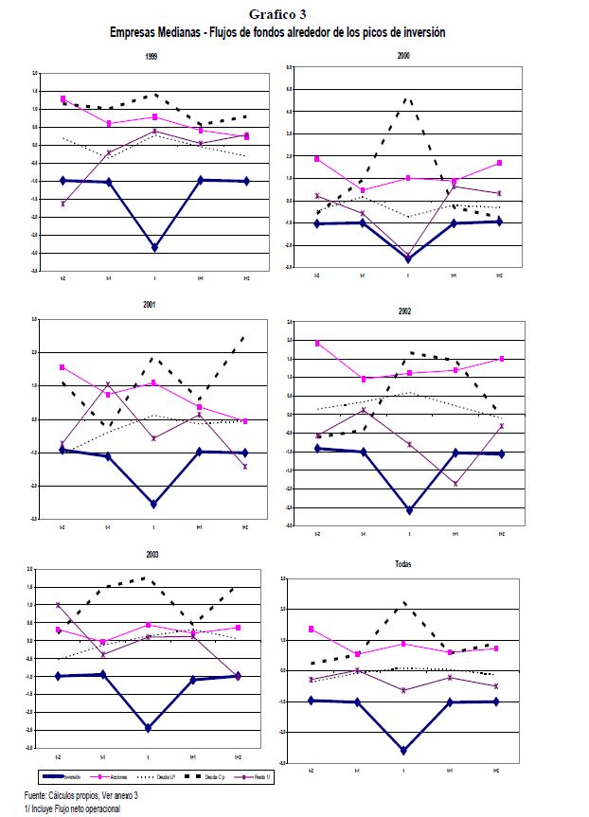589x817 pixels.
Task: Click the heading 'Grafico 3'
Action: click(278, 14)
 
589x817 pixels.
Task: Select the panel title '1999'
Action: click(152, 58)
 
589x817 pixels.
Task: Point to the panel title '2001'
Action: click(150, 305)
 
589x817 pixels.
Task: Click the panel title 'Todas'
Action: click(403, 563)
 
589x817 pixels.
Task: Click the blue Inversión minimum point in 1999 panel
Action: click(154, 248)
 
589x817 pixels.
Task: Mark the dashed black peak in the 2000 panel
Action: click(407, 98)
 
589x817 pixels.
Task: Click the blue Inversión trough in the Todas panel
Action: click(404, 751)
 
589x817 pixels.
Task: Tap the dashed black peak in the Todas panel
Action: click(404, 602)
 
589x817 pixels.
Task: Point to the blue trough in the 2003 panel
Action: click(149, 728)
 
